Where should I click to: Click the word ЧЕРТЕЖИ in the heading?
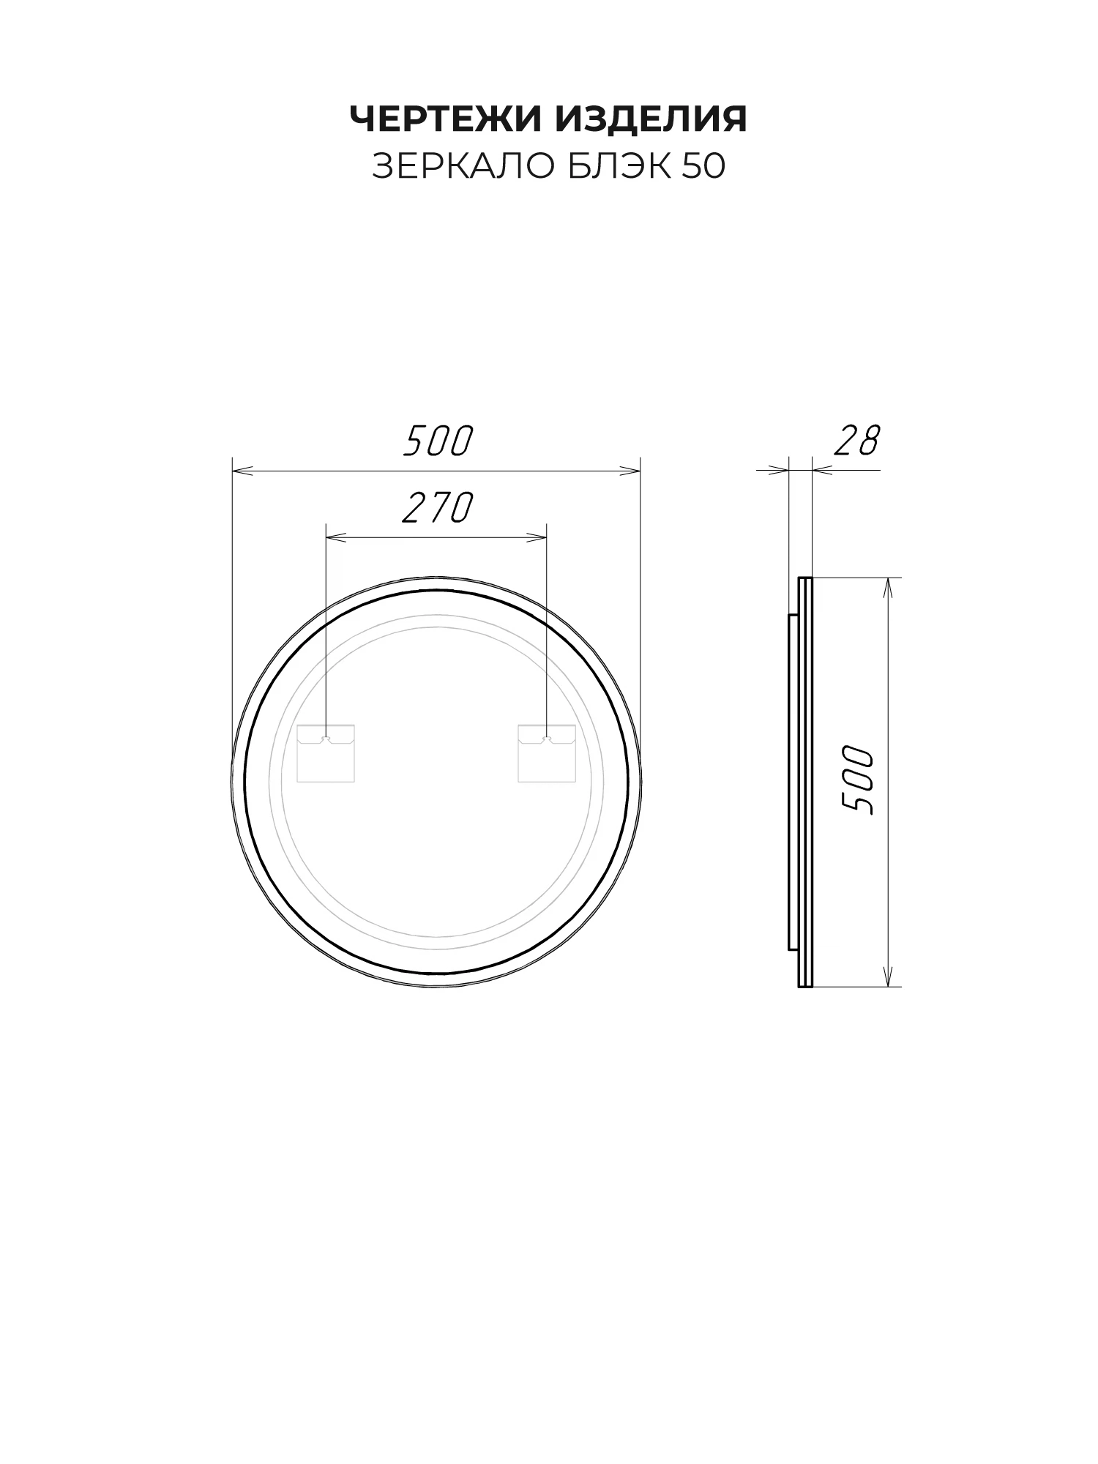tap(448, 119)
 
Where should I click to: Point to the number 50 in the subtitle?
tap(704, 167)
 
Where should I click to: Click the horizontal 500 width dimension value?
tap(438, 441)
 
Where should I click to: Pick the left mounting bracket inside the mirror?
tap(326, 753)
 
